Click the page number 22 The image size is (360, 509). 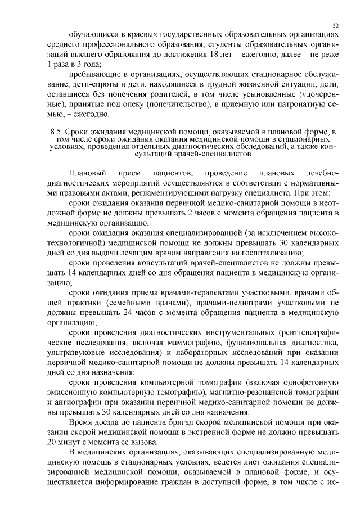(x=336, y=25)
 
